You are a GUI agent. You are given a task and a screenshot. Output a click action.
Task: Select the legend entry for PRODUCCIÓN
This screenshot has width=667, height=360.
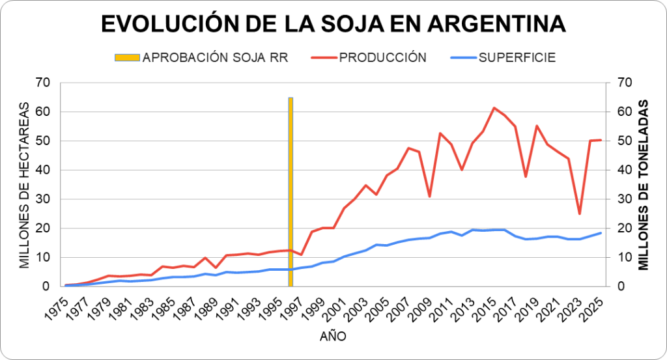382,57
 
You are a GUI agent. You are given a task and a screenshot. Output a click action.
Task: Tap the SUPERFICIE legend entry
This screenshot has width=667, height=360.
517,57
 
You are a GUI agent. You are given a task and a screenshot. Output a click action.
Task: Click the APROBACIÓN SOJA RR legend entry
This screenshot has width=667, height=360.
215,57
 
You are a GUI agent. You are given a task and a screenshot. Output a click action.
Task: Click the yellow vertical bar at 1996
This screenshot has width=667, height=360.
291,192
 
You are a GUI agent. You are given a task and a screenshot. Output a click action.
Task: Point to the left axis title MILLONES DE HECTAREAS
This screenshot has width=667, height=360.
25,184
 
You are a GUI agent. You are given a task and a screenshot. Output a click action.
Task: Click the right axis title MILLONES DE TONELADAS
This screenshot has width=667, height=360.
644,184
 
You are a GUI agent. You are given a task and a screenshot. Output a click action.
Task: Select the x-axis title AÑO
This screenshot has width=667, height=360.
333,337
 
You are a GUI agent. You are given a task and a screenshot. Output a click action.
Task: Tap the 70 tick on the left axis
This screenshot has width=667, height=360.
43,83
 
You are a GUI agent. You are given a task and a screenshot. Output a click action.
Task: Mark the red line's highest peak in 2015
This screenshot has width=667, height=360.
494,107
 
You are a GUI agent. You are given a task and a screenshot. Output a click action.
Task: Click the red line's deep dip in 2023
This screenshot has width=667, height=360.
580,214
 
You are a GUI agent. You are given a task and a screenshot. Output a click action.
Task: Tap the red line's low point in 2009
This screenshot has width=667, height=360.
430,197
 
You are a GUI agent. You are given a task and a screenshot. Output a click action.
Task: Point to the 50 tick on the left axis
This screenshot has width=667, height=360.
43,141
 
